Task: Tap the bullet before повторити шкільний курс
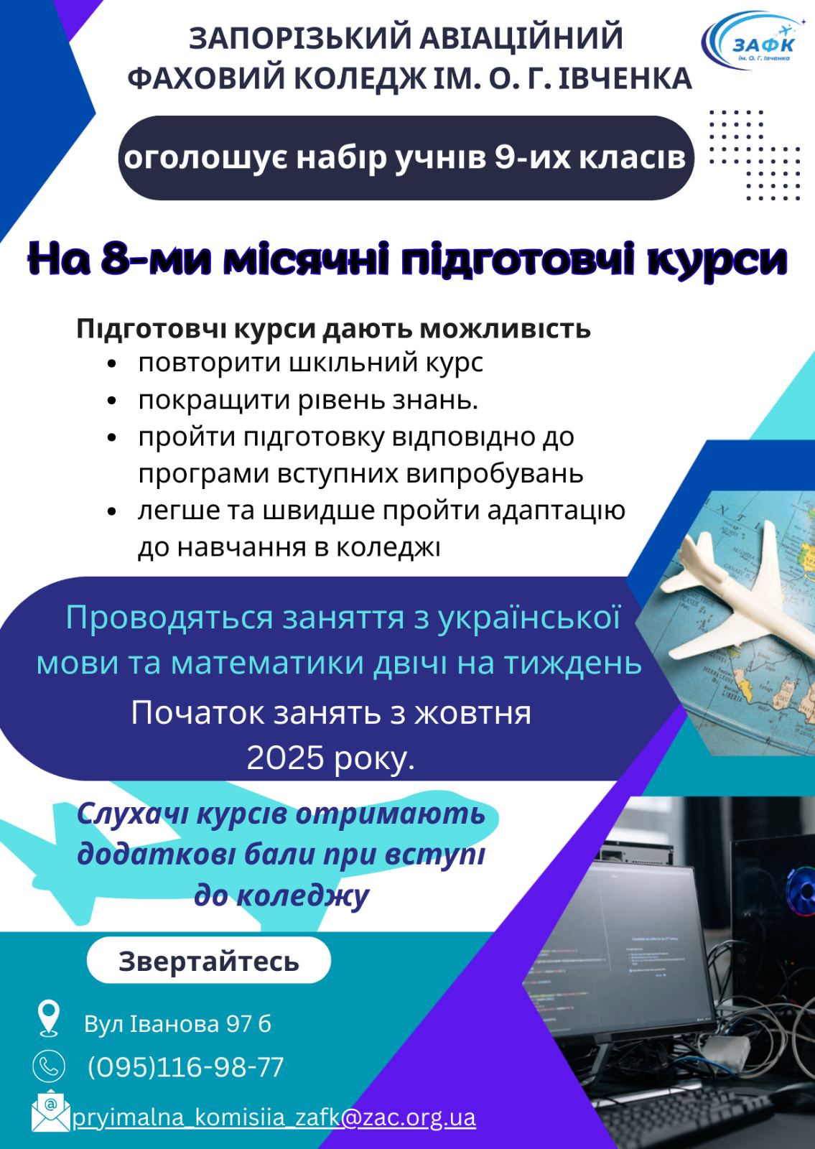pos(112,364)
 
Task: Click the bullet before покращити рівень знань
pos(112,401)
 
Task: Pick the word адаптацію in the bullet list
pos(556,511)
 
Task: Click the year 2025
pos(285,758)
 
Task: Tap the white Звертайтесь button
pos(209,962)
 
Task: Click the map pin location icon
pos(49,1018)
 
